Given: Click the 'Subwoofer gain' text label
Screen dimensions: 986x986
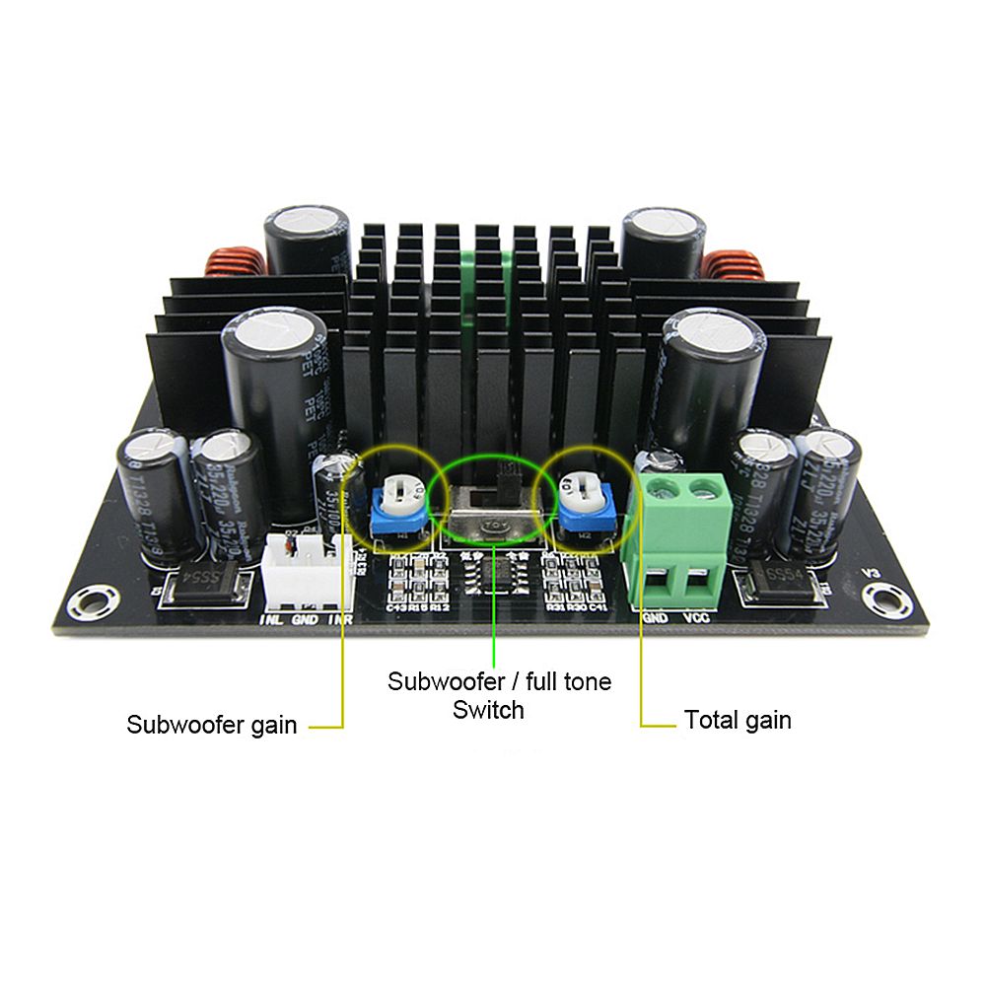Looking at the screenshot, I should coord(211,725).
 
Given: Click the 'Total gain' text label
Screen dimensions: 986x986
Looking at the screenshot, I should coord(738,720).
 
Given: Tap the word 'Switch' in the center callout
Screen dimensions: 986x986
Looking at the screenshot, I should coord(487,709).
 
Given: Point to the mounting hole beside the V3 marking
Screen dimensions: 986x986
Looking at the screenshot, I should coord(877,596).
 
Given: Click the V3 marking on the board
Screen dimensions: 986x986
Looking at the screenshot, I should coord(870,572).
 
